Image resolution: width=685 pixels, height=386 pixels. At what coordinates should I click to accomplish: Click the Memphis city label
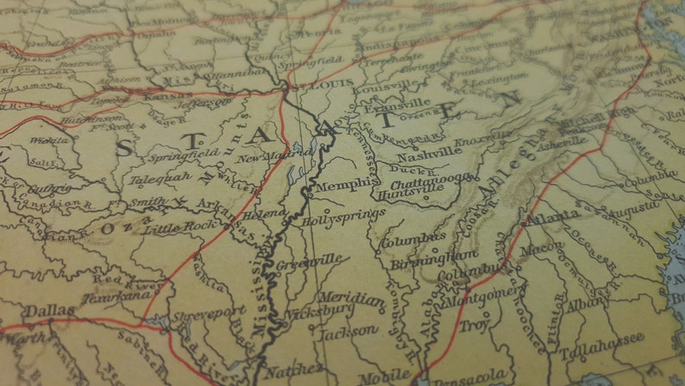pos(347,186)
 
